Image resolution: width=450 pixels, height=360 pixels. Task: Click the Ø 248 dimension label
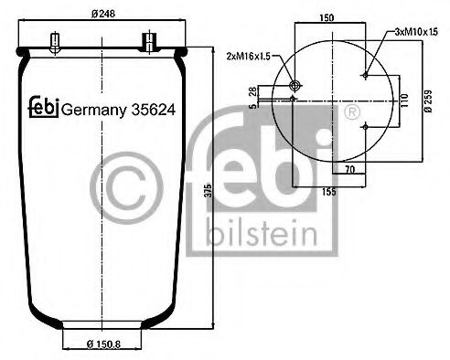tap(104, 14)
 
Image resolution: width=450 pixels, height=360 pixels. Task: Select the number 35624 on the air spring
tap(152, 109)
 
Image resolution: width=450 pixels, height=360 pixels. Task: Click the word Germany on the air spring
tap(92, 109)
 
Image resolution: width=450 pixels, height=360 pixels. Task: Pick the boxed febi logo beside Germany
tap(42, 107)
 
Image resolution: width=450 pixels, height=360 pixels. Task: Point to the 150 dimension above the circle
tap(327, 16)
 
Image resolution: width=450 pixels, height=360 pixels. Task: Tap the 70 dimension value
tap(349, 170)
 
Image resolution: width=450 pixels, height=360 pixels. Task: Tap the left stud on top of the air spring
tap(56, 41)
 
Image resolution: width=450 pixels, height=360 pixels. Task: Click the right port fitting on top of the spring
tap(147, 40)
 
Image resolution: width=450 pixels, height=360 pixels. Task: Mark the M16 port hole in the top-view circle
tap(294, 86)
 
